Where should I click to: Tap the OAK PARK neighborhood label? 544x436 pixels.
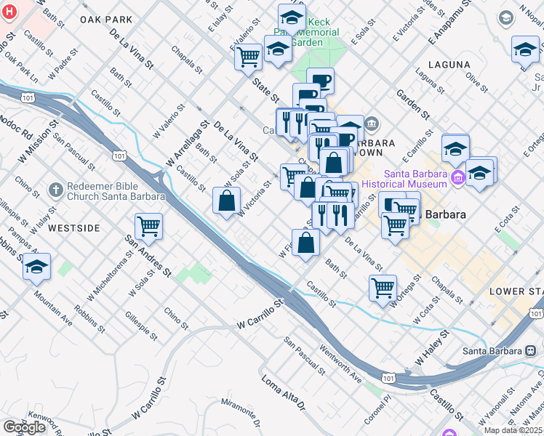pyautogui.click(x=106, y=20)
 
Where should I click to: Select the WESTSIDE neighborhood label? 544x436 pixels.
pyautogui.click(x=74, y=228)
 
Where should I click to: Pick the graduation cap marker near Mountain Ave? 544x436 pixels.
pyautogui.click(x=36, y=267)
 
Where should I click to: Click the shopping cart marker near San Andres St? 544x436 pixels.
pyautogui.click(x=148, y=226)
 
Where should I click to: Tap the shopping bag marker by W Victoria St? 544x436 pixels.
pyautogui.click(x=226, y=200)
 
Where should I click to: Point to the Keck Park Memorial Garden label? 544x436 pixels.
pyautogui.click(x=315, y=32)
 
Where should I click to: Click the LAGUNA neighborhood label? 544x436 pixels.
pyautogui.click(x=449, y=65)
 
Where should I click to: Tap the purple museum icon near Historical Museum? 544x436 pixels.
pyautogui.click(x=458, y=177)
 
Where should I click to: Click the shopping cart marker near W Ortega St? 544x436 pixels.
pyautogui.click(x=383, y=288)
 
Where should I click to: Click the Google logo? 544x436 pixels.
pyautogui.click(x=25, y=427)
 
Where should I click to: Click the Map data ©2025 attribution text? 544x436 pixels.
pyautogui.click(x=512, y=430)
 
